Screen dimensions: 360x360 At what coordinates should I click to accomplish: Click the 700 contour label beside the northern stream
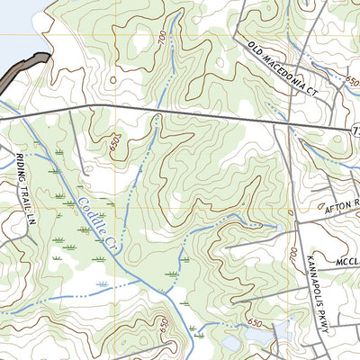tap(161, 39)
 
